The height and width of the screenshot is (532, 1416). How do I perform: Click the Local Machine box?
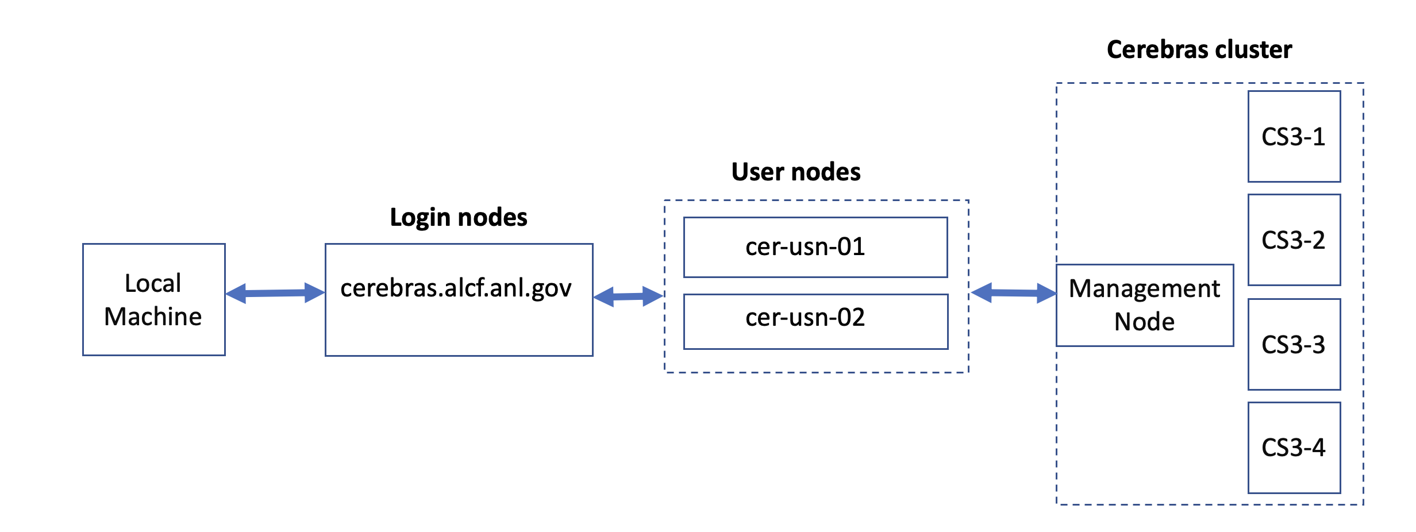(153, 299)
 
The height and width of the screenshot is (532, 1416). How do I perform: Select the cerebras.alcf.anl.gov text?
(456, 288)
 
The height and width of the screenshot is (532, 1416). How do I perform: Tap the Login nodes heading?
(458, 218)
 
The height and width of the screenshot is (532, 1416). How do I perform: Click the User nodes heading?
(795, 172)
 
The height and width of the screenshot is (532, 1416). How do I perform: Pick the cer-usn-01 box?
(815, 247)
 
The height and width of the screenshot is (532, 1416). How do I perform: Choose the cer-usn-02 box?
(815, 321)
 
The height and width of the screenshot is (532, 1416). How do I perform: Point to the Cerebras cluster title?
(1199, 50)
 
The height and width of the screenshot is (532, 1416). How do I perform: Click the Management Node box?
(1144, 305)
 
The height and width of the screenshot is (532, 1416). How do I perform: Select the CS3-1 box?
(1294, 137)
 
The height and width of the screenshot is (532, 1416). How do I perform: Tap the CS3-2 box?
(1294, 240)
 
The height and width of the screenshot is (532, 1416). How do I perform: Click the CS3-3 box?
(1294, 344)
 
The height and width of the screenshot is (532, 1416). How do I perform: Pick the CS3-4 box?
(1294, 448)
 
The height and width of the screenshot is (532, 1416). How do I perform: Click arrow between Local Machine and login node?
(275, 293)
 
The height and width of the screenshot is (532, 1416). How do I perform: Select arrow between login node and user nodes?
(628, 296)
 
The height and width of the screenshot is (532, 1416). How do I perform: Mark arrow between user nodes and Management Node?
(1013, 293)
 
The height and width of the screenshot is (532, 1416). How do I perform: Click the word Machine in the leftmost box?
(153, 317)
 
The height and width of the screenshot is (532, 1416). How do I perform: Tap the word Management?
(1144, 288)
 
